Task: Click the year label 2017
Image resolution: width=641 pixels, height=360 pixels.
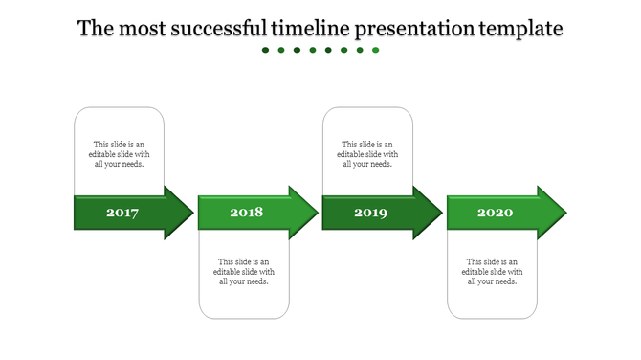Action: (122, 213)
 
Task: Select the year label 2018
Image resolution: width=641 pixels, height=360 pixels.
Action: (246, 213)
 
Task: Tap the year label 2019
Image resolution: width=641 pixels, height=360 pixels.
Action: (370, 213)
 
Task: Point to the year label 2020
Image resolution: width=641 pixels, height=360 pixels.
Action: (495, 213)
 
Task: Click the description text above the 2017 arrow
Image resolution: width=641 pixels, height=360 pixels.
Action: (120, 154)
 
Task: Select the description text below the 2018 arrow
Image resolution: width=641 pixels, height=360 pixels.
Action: (244, 271)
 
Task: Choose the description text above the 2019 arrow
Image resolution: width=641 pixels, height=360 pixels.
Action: (367, 154)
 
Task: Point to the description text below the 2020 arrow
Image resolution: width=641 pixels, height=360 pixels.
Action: (492, 271)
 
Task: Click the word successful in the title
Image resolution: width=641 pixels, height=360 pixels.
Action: (219, 29)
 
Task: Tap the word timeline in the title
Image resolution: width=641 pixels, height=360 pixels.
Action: (310, 29)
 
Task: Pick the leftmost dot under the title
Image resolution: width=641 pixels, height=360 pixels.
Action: (266, 50)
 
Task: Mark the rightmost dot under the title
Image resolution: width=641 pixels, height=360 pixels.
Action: (376, 50)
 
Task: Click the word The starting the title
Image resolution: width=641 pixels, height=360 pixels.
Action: (95, 29)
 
